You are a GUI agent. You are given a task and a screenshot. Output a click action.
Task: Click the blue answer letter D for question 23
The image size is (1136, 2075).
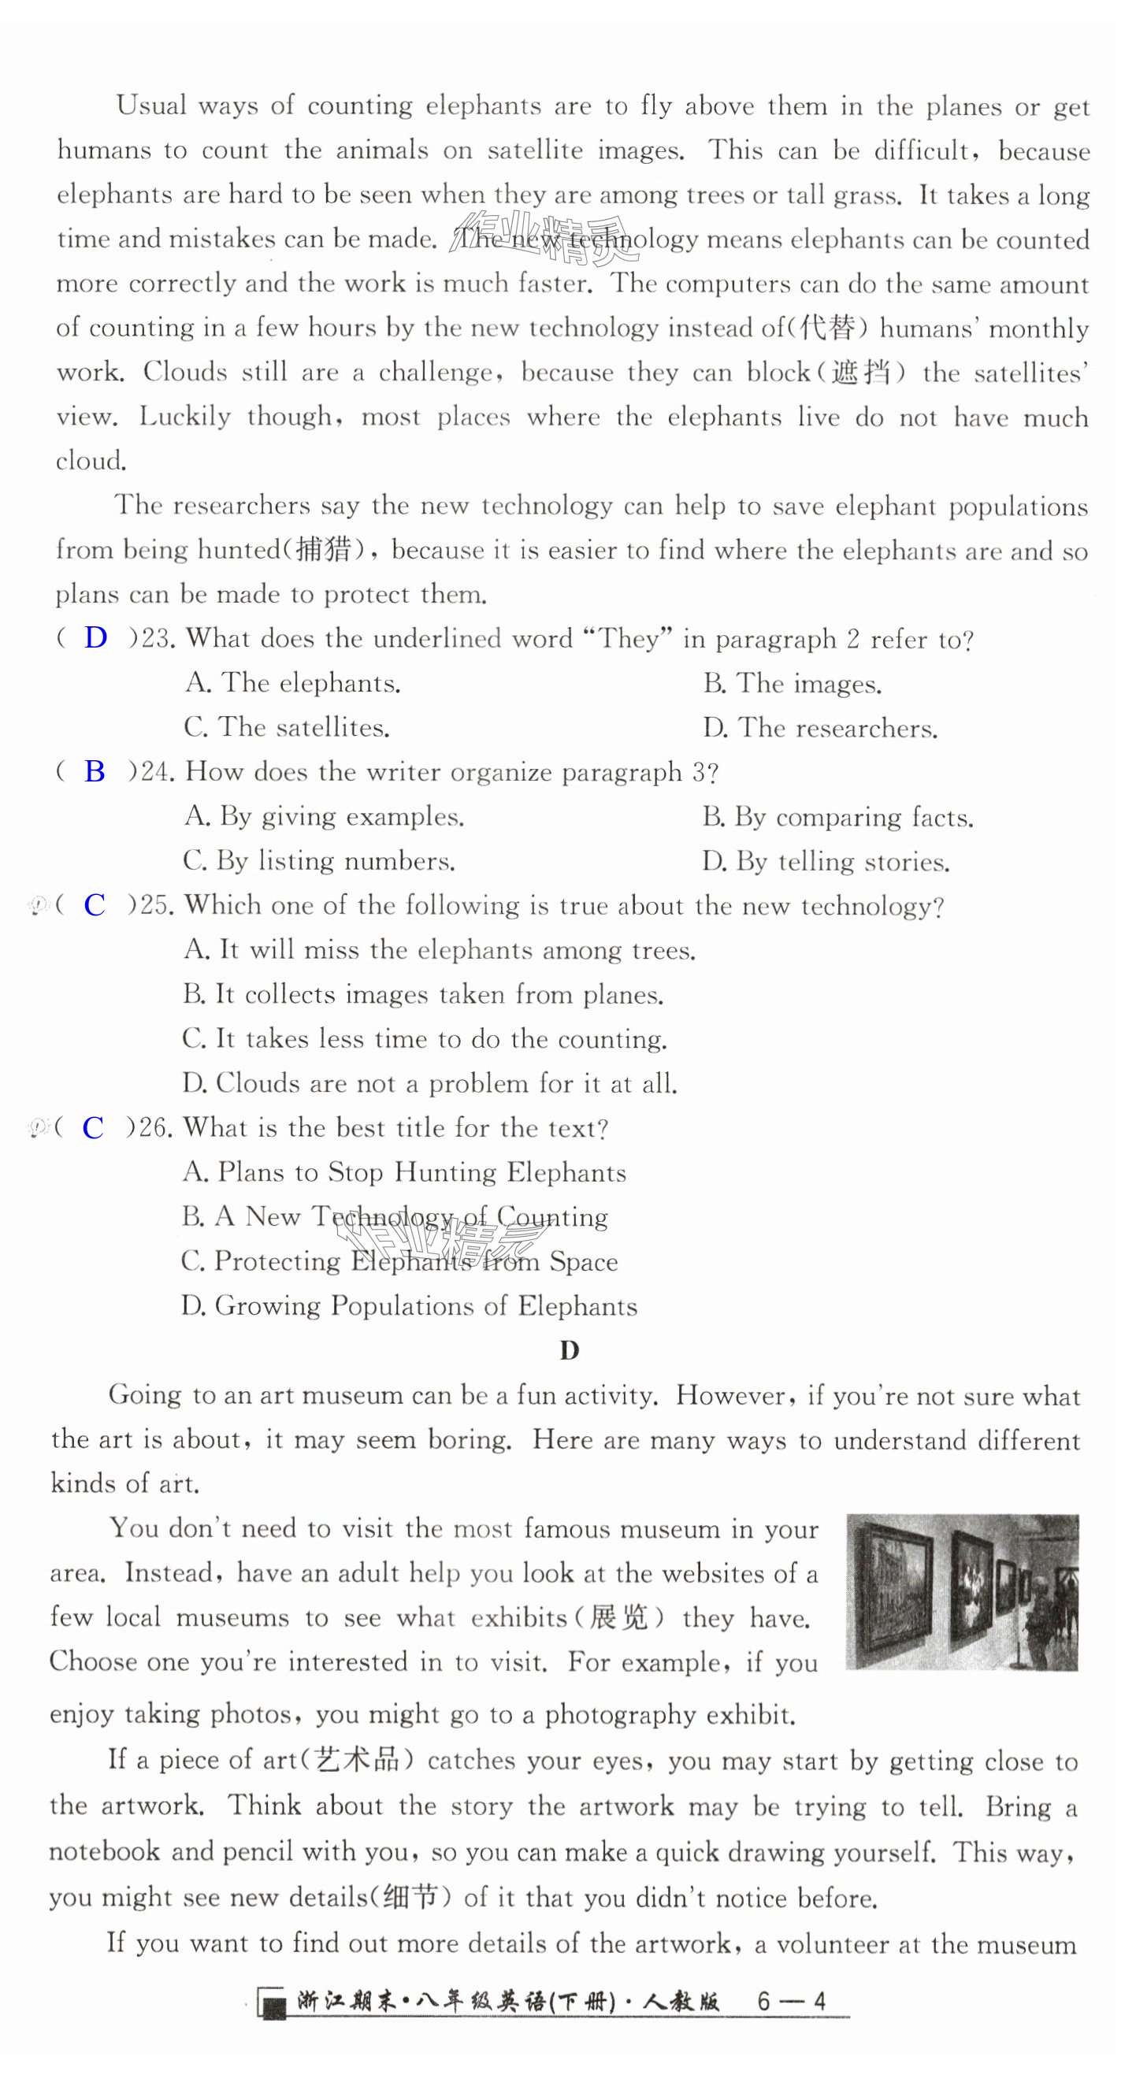(x=96, y=638)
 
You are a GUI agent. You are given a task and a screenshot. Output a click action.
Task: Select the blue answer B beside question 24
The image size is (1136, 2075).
(x=95, y=772)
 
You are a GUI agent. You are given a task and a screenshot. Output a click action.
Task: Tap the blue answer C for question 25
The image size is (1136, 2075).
(x=95, y=904)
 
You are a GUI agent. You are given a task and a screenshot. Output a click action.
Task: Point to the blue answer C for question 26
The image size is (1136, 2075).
(x=94, y=1128)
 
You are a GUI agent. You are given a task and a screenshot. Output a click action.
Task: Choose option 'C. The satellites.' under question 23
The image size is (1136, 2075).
(x=287, y=727)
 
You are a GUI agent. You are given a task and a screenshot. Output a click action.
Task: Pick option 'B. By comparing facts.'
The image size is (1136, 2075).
(x=838, y=818)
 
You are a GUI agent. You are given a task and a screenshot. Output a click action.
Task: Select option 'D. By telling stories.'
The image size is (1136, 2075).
(x=826, y=862)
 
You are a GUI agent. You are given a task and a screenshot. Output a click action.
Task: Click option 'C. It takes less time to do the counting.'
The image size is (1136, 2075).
(x=425, y=1039)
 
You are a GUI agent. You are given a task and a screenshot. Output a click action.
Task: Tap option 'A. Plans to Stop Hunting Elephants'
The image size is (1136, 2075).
(x=404, y=1172)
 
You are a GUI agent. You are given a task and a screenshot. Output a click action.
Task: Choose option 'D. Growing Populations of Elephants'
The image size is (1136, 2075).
(x=410, y=1305)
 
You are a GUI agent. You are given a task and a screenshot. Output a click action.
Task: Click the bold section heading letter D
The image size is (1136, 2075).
(x=570, y=1351)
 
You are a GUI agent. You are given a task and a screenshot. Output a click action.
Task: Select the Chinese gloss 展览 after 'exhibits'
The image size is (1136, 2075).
(x=618, y=1617)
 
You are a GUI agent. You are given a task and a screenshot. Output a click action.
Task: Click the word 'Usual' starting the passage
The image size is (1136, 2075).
(x=151, y=106)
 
